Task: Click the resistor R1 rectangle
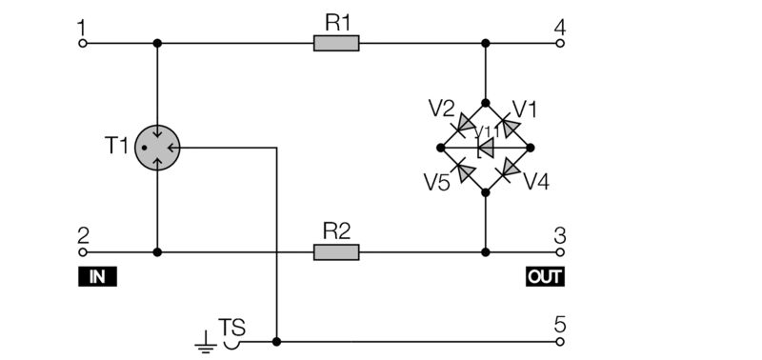(336, 43)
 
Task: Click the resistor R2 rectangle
(336, 252)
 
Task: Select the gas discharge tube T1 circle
(157, 148)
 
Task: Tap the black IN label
(96, 277)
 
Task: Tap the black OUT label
(545, 277)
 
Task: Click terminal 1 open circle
(83, 43)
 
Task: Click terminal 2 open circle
(83, 252)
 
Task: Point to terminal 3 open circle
(560, 252)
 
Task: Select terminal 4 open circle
(560, 43)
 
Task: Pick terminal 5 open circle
(560, 341)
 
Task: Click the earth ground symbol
(204, 341)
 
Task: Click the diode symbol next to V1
(509, 126)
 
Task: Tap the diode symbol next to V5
(464, 170)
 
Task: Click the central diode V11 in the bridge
(486, 148)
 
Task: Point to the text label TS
(232, 328)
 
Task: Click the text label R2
(336, 230)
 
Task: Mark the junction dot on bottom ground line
(276, 341)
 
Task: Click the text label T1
(116, 147)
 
